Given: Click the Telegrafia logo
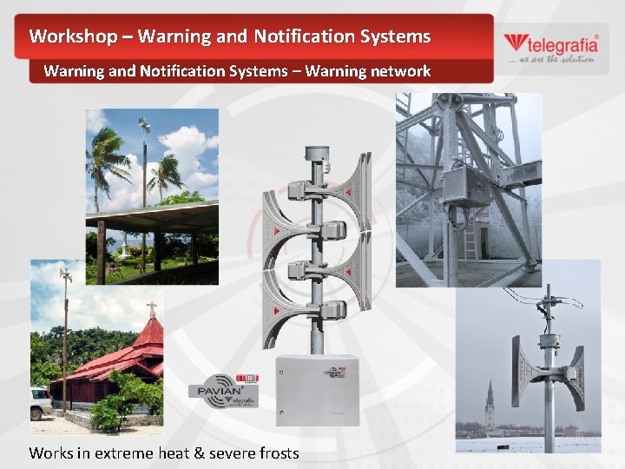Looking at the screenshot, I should [549, 47].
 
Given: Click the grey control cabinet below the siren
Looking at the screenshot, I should [317, 389].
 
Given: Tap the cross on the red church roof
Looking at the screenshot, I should [151, 309].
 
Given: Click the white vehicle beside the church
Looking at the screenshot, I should [41, 402].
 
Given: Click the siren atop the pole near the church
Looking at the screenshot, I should [65, 278].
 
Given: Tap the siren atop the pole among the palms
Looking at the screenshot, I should [144, 127].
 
